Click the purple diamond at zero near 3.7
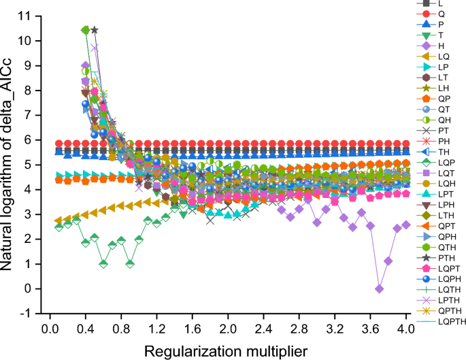[x=380, y=289]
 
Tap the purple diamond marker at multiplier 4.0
[x=406, y=225]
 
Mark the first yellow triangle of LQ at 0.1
[x=59, y=221]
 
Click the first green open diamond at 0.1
[x=59, y=227]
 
